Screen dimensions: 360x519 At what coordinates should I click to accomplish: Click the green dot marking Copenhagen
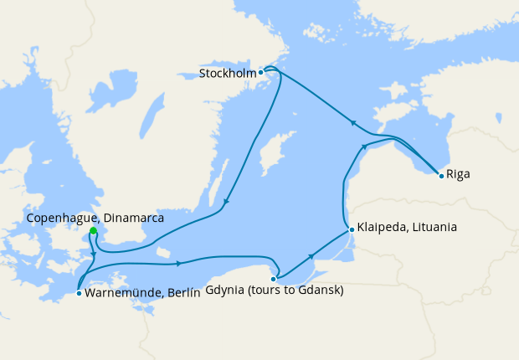pyautogui.click(x=93, y=232)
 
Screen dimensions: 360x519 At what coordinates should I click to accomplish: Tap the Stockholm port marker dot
pyautogui.click(x=261, y=72)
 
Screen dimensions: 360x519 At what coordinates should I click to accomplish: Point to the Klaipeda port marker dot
pyautogui.click(x=352, y=229)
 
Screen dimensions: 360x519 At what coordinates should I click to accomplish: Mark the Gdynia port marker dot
pyautogui.click(x=274, y=278)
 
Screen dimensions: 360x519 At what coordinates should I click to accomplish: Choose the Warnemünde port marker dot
pyautogui.click(x=78, y=293)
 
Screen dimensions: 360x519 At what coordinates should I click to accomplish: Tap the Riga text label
pyautogui.click(x=459, y=174)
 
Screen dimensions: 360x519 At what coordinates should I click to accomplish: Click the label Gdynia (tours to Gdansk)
pyautogui.click(x=274, y=291)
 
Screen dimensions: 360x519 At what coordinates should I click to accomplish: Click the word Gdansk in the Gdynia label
pyautogui.click(x=322, y=291)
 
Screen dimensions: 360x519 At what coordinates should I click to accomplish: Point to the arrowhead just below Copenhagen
pyautogui.click(x=93, y=254)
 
